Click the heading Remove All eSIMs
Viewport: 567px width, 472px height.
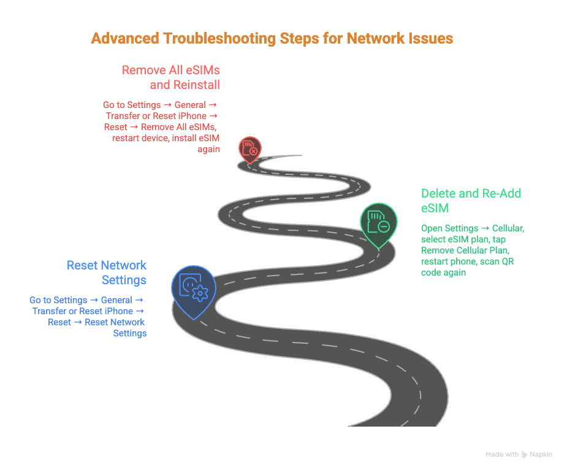170,70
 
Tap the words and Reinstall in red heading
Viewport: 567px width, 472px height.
185,85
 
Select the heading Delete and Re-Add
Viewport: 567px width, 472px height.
471,193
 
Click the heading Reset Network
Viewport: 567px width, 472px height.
107,265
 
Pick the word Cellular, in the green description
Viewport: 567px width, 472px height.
508,228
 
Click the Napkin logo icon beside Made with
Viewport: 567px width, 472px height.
525,455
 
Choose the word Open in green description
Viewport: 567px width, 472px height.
432,228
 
